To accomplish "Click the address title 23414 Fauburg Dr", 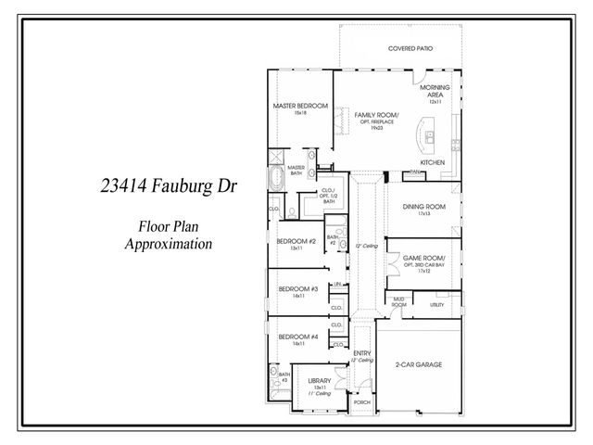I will click(169, 186).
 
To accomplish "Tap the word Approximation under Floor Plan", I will click(169, 245).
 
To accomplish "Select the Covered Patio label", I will click(410, 48).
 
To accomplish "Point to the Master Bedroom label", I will click(300, 106).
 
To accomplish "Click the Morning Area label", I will click(435, 91).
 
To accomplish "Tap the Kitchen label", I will click(433, 162).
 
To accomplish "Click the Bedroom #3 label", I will click(297, 288).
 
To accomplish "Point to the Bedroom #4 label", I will click(297, 336).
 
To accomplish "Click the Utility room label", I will click(437, 304).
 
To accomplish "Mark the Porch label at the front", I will click(361, 402).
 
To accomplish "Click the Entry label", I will click(362, 353).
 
